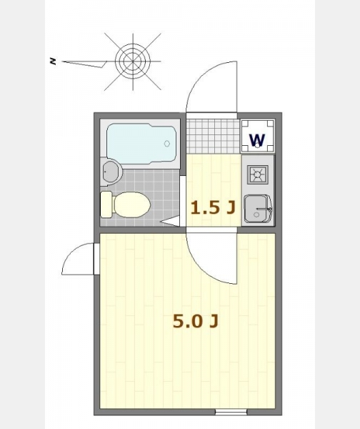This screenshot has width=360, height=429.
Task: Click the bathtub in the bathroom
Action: pyautogui.click(x=141, y=144)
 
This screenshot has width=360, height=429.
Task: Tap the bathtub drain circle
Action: pyautogui.click(x=167, y=144)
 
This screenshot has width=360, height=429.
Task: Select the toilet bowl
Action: pyautogui.click(x=131, y=204)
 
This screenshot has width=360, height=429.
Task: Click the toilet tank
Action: pyautogui.click(x=106, y=204)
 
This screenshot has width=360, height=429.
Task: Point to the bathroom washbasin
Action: pyautogui.click(x=111, y=172)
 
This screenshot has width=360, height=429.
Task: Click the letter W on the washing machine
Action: pyautogui.click(x=257, y=139)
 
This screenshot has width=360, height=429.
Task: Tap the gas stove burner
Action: pyautogui.click(x=257, y=174)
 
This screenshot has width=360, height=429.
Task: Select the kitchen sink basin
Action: pyautogui.click(x=257, y=209)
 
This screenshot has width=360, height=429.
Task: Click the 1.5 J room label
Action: pyautogui.click(x=213, y=207)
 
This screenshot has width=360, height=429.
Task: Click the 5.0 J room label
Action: pyautogui.click(x=196, y=321)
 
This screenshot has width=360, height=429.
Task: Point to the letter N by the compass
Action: pyautogui.click(x=53, y=61)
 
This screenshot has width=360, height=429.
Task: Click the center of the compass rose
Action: pyautogui.click(x=133, y=61)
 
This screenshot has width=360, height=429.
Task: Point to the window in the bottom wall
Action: pyautogui.click(x=231, y=412)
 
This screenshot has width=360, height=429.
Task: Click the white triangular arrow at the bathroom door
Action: pyautogui.click(x=170, y=222)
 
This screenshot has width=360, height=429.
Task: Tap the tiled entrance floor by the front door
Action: pyautogui.click(x=213, y=137)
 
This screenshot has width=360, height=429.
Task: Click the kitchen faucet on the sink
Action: pyautogui.click(x=264, y=209)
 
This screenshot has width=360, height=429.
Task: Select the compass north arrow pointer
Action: pyautogui.click(x=84, y=64)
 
